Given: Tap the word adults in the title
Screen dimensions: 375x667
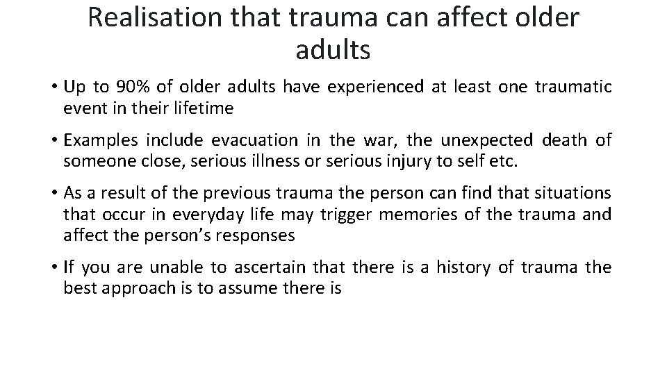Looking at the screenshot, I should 333,50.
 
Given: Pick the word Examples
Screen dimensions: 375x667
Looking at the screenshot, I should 101,140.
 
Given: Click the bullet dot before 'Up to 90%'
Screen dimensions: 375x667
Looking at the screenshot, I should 53,87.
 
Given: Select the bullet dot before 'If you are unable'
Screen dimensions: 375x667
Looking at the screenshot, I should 53,267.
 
